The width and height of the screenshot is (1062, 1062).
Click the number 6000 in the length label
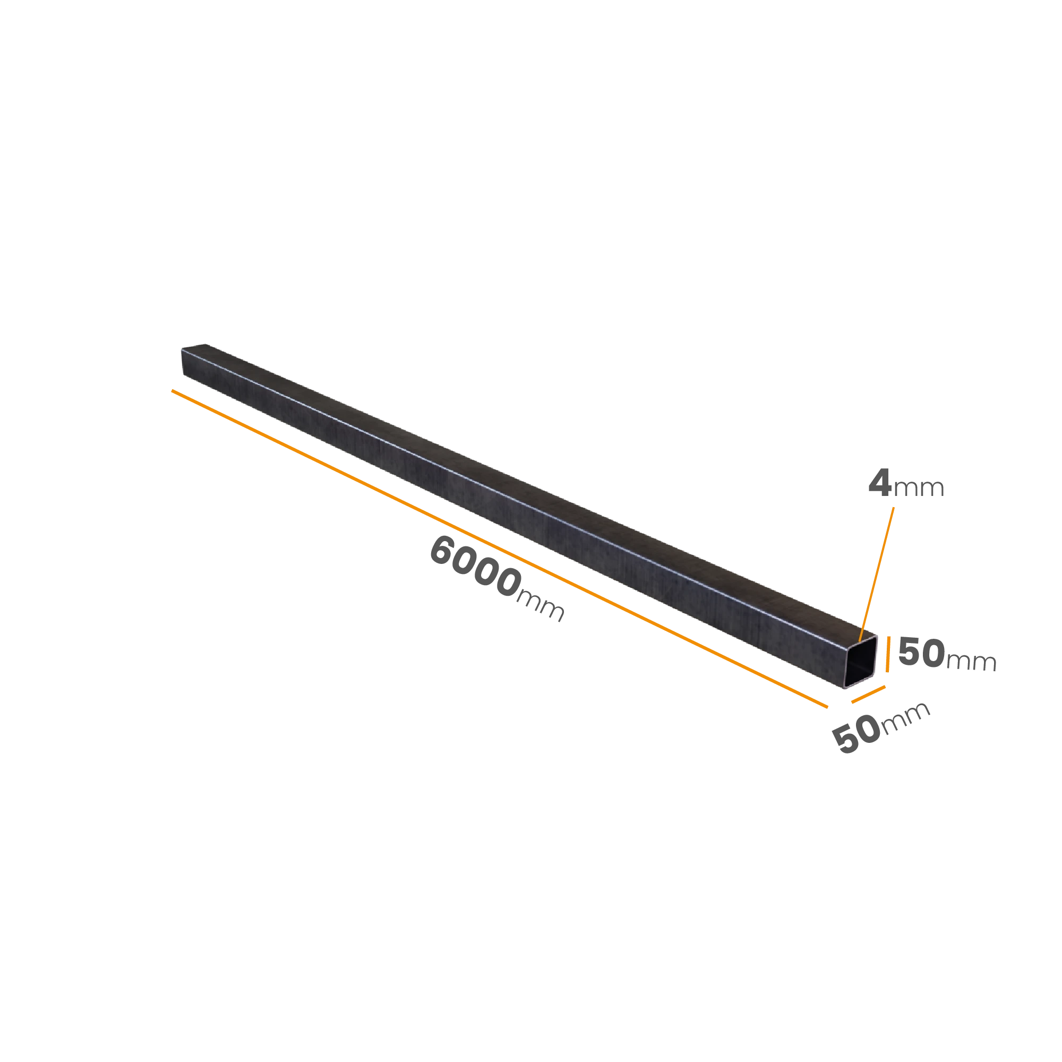click(x=475, y=567)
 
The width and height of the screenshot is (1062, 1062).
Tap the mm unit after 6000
click(x=541, y=606)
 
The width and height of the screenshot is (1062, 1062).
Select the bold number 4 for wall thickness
click(x=879, y=483)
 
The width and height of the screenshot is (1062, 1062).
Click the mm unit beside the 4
click(x=919, y=488)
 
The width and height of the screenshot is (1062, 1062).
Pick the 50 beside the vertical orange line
click(x=921, y=652)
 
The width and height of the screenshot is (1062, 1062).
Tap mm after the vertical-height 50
click(x=971, y=661)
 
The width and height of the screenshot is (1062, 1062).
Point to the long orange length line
click(x=500, y=549)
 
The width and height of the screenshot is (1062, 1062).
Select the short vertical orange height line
click(x=888, y=654)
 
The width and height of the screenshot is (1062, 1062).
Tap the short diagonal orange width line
click(x=869, y=694)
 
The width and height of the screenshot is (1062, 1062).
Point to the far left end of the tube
click(x=183, y=362)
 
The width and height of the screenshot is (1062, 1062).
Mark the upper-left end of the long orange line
click(x=172, y=390)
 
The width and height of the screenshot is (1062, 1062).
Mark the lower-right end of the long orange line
click(x=828, y=707)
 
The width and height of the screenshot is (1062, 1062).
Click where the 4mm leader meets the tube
click(x=860, y=640)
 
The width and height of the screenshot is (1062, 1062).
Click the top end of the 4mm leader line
click(x=894, y=507)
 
